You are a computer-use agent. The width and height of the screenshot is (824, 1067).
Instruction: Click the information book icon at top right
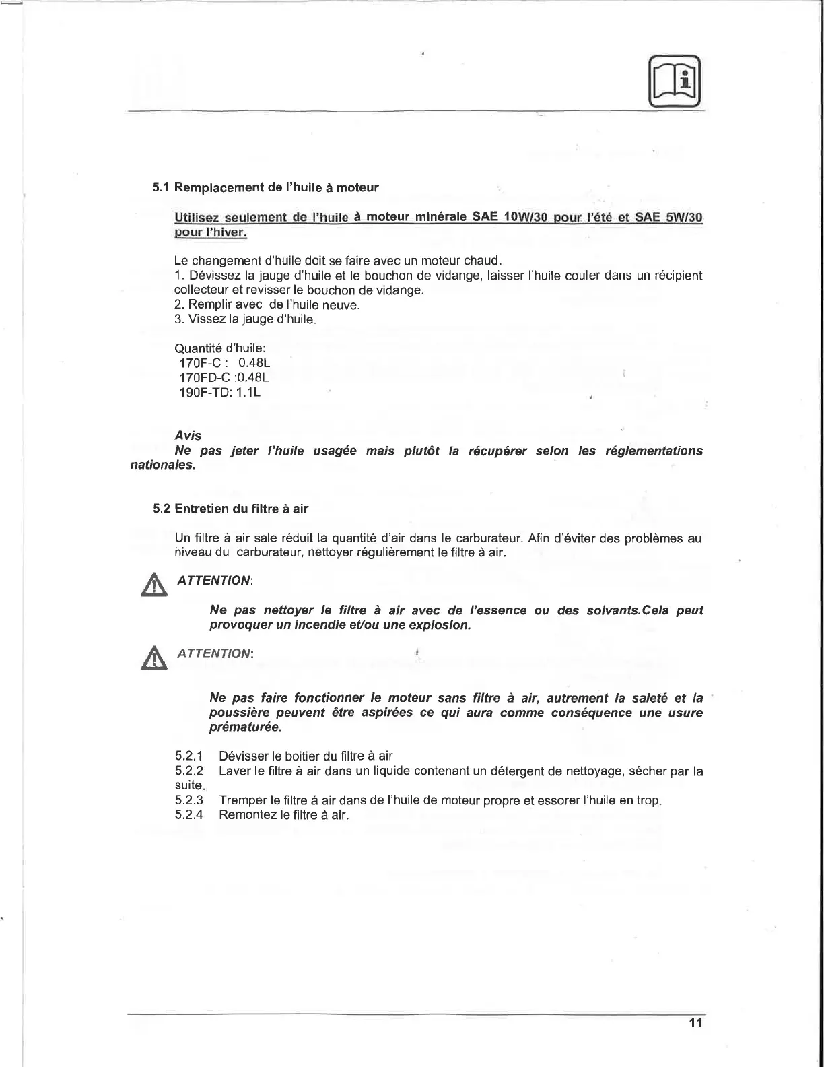[675, 80]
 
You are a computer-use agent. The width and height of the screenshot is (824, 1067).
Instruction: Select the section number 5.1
[162, 187]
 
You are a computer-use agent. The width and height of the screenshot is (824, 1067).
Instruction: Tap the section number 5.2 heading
[162, 509]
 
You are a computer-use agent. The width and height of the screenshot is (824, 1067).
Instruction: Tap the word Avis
[187, 436]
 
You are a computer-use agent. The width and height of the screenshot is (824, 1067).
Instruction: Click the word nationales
[162, 465]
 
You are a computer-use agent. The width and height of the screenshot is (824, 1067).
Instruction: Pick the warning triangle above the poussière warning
[156, 657]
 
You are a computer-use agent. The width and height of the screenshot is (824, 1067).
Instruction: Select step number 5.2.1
[188, 756]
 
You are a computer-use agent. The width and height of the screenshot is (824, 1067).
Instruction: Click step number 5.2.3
[188, 800]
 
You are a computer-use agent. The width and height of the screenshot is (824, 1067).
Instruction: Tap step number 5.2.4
[188, 815]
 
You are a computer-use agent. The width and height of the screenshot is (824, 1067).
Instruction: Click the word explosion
[439, 626]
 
